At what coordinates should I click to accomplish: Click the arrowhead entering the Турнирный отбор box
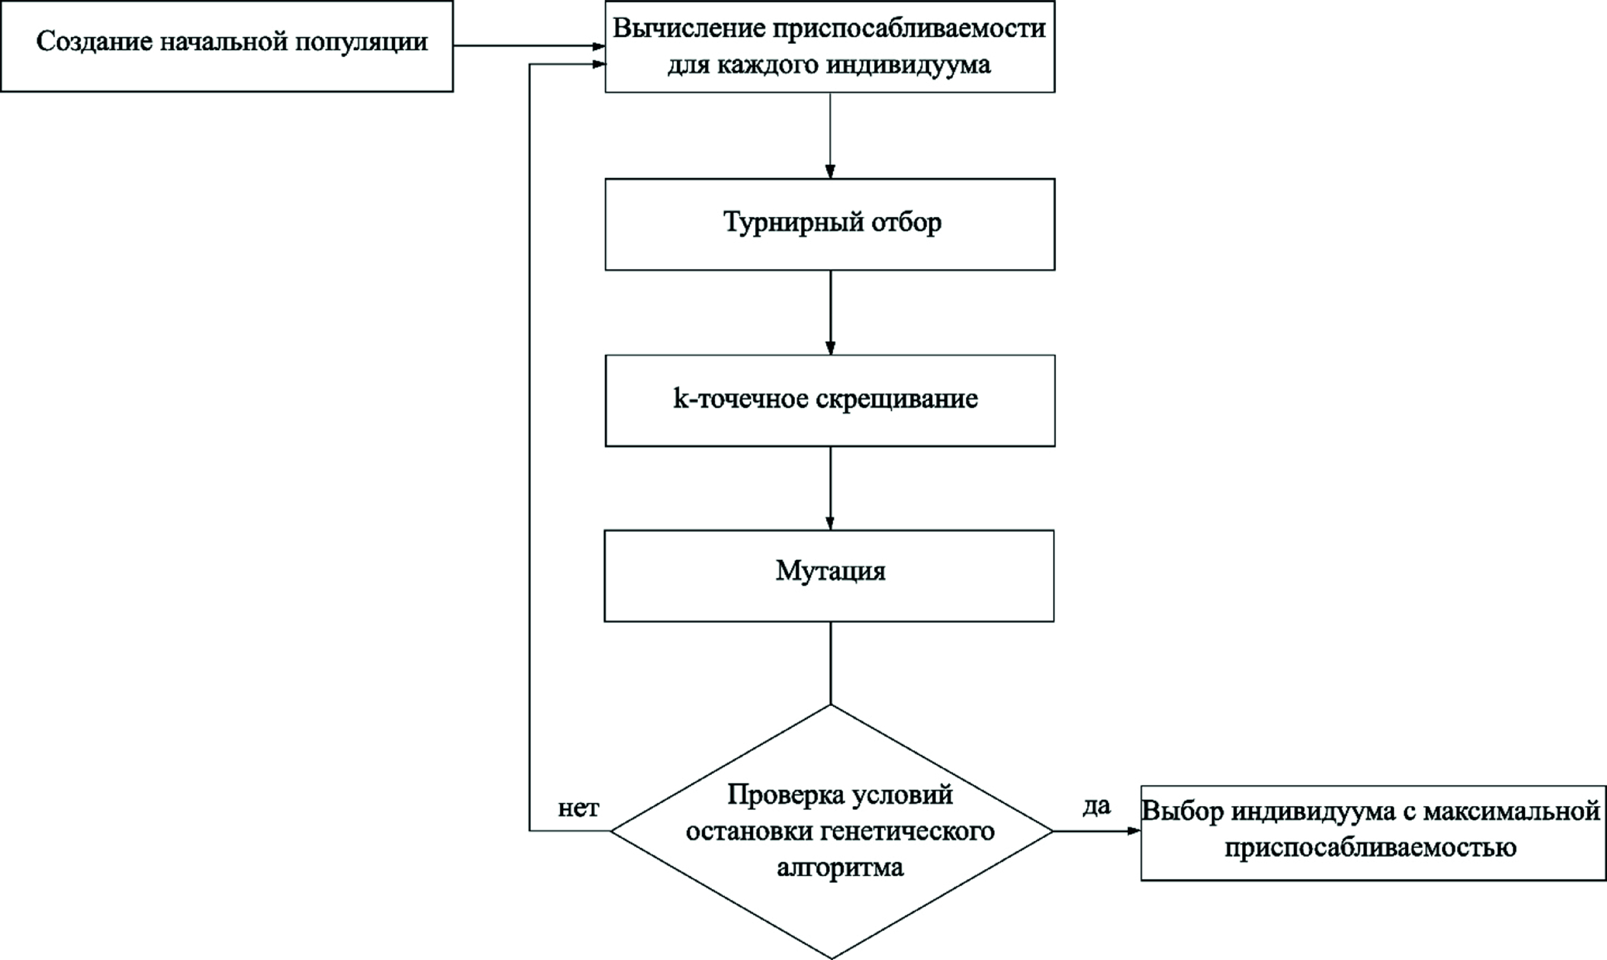pos(830,172)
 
